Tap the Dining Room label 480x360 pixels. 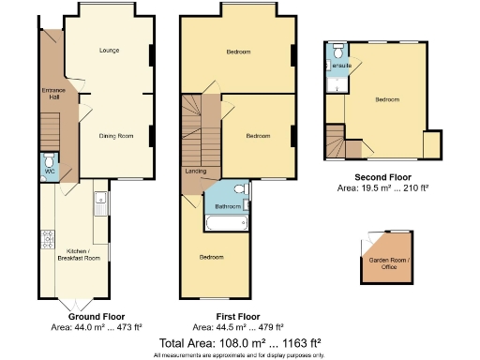116,137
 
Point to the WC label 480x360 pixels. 50,172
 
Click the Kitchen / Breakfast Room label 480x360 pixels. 78,253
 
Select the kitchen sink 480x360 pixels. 98,199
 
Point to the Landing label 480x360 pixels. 196,171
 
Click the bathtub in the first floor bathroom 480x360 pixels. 225,224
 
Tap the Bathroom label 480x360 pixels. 229,206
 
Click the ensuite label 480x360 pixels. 342,66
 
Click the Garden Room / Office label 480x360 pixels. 383,264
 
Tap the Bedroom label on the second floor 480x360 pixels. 387,98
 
